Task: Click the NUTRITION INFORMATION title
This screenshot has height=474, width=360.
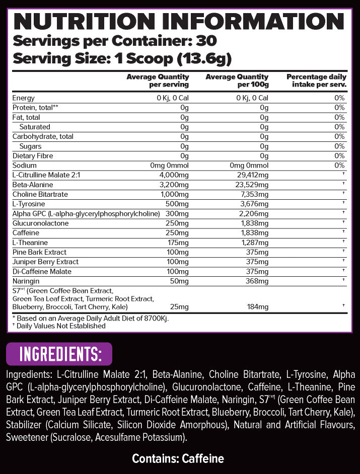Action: [180, 21]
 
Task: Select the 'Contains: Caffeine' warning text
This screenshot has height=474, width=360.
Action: [178, 458]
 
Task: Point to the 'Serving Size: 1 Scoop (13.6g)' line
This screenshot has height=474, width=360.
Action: [122, 58]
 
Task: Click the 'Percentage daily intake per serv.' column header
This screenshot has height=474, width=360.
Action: [316, 81]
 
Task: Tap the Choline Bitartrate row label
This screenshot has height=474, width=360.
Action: [40, 194]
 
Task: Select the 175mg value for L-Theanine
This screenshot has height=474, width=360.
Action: [179, 243]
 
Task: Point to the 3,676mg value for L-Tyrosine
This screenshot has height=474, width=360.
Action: [252, 204]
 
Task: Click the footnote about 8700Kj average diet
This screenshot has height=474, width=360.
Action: [91, 318]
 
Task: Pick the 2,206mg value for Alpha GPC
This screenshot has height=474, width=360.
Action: [252, 213]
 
